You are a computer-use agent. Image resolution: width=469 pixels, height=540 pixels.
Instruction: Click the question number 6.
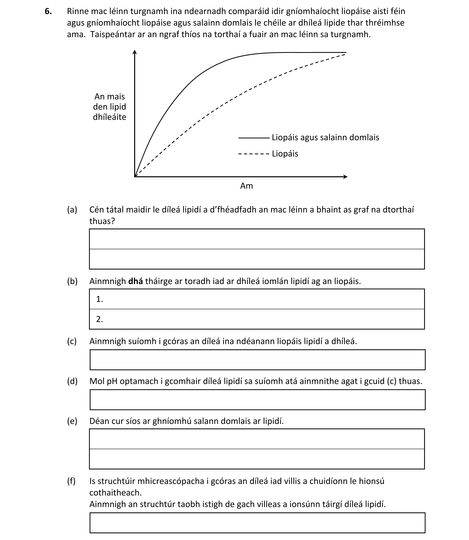48,11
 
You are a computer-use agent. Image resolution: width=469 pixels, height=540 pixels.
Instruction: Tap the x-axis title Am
246,186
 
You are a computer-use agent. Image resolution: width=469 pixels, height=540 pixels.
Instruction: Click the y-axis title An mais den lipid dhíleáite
109,107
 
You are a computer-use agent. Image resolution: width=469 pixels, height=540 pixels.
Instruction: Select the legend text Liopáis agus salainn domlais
325,138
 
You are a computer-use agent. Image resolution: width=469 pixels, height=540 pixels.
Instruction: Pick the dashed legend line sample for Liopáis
253,154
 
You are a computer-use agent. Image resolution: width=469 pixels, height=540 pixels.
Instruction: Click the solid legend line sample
253,138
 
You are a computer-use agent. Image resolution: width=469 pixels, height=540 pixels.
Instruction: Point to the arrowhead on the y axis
134,52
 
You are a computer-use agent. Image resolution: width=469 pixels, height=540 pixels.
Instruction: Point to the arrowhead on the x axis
345,177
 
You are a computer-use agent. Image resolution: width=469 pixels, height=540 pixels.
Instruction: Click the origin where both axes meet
135,177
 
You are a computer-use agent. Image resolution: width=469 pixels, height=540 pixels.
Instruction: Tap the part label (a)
72,210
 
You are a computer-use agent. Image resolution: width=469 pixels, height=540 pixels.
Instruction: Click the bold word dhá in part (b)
135,281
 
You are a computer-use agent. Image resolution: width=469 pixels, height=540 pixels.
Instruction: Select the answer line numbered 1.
256,299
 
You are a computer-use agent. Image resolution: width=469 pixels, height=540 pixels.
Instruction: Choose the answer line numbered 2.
256,319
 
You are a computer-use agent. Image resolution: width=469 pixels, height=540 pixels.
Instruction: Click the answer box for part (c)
257,360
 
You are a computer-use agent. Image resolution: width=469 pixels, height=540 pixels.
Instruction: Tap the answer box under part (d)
257,400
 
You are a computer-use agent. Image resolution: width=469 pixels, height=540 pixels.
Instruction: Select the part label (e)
72,421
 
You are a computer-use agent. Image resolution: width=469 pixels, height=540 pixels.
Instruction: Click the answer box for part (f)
257,523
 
